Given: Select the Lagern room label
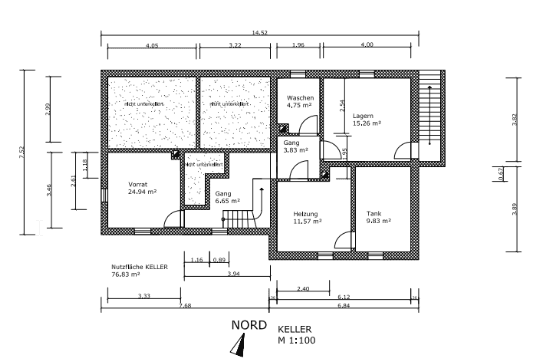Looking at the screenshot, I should [x=362, y=117].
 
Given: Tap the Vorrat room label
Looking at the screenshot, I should [x=138, y=185].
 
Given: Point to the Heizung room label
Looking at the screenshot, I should [x=305, y=215].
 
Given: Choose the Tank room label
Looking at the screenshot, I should [x=374, y=214].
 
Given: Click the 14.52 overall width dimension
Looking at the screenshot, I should [x=260, y=33].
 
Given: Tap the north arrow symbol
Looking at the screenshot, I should [x=238, y=345].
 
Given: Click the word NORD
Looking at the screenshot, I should [x=248, y=326].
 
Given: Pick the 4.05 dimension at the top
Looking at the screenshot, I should [x=152, y=46].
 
